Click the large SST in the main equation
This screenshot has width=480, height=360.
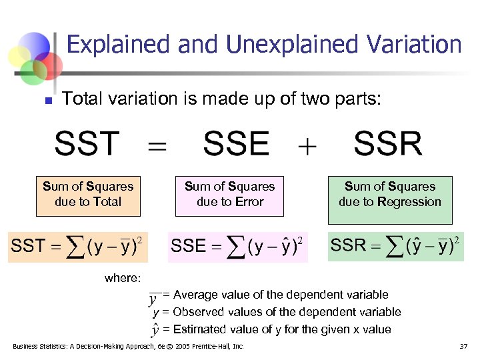pyautogui.click(x=87, y=144)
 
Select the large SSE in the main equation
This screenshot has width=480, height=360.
pyautogui.click(x=237, y=144)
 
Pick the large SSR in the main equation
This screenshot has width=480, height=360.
pyautogui.click(x=388, y=144)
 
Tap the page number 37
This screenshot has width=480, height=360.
pyautogui.click(x=463, y=347)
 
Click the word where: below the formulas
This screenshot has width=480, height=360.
pyautogui.click(x=122, y=279)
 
